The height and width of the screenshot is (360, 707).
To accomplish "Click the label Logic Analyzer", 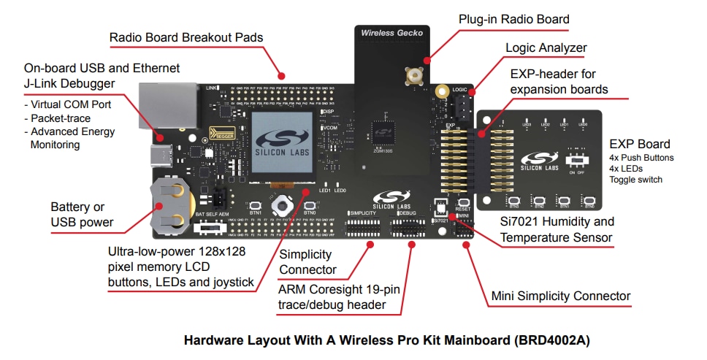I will click(x=546, y=48).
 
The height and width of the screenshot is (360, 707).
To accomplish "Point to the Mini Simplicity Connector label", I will click(x=559, y=296).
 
